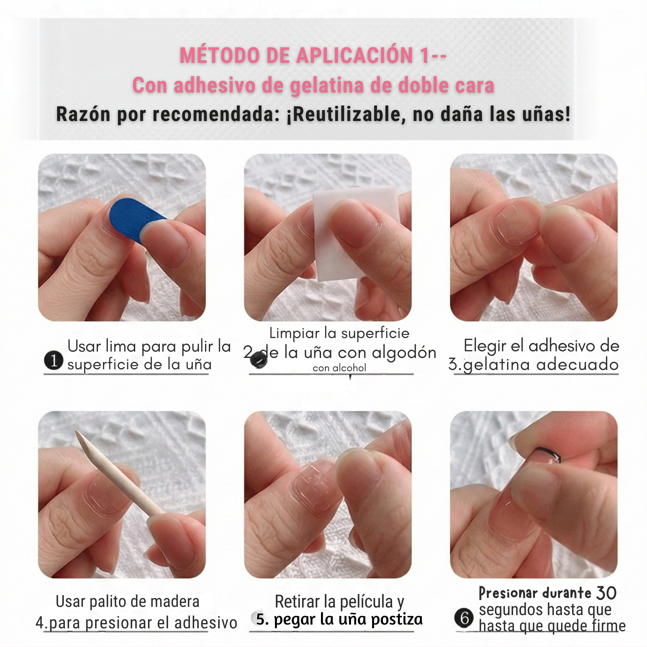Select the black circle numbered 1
click(x=54, y=361)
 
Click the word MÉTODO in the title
click(x=219, y=55)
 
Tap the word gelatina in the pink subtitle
click(x=327, y=85)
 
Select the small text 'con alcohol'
click(x=339, y=368)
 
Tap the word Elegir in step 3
click(x=482, y=346)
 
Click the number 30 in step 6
click(x=606, y=593)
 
